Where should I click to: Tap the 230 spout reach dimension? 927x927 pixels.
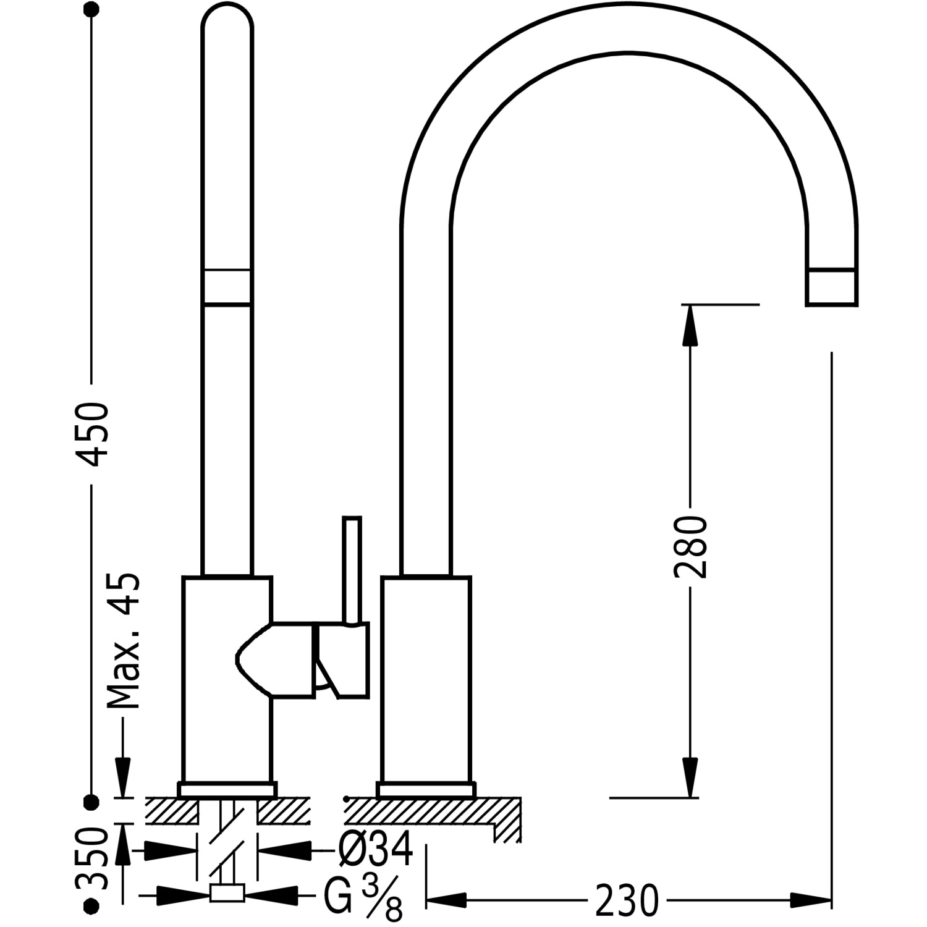[627, 901]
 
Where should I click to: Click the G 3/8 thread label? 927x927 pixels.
[364, 900]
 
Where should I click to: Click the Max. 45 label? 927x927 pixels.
[122, 641]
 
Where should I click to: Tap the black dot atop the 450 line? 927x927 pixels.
[91, 11]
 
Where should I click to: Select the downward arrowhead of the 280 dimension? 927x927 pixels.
[690, 777]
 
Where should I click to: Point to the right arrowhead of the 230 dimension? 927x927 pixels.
[811, 900]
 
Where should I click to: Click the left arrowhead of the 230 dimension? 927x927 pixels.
[447, 900]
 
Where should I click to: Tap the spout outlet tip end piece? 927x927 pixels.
[831, 287]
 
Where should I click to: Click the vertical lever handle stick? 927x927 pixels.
[352, 570]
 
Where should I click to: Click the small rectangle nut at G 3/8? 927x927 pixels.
[227, 893]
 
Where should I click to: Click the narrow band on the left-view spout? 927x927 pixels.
[227, 287]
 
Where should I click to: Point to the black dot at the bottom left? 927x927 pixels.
[91, 905]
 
